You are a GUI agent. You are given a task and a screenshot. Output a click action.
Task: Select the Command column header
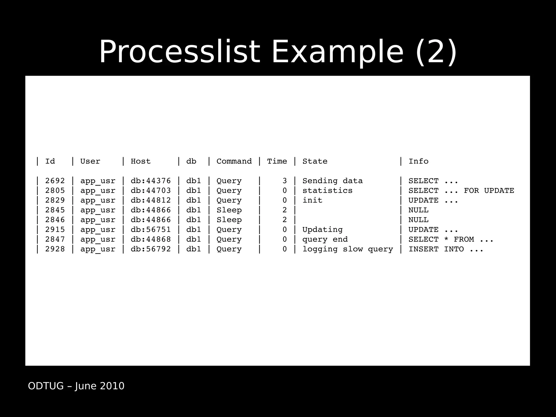(234, 161)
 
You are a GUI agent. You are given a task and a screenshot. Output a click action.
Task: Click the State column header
(315, 161)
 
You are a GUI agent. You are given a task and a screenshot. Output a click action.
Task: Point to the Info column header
(418, 161)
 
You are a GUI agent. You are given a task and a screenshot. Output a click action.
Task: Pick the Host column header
(141, 161)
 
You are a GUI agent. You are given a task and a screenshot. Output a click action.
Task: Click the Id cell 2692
(55, 181)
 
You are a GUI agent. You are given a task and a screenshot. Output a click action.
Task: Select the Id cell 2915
(55, 230)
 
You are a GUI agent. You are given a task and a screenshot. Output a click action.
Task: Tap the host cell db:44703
(151, 190)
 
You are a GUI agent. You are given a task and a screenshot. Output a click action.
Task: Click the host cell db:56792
(151, 249)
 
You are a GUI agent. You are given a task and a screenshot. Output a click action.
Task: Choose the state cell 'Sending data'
(333, 181)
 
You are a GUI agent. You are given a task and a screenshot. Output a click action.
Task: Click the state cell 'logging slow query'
(348, 249)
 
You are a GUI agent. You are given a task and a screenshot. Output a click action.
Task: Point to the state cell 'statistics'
(327, 190)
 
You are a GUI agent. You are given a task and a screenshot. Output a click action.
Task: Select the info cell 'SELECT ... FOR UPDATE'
(461, 190)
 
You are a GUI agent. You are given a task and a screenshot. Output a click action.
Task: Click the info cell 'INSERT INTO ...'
(446, 249)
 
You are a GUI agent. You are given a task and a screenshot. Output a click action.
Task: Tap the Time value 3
(285, 181)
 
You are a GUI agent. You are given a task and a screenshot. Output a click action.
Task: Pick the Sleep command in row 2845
(229, 210)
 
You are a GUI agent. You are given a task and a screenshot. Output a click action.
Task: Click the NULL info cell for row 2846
(418, 220)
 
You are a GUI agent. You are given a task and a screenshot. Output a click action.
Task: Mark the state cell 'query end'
(325, 239)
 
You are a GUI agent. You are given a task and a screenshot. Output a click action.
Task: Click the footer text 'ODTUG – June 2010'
(76, 386)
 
